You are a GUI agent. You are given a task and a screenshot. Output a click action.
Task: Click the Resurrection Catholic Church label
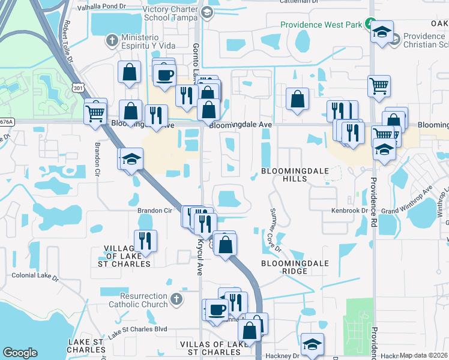(x=135, y=300)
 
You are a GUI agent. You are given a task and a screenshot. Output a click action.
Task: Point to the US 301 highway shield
(x=76, y=87)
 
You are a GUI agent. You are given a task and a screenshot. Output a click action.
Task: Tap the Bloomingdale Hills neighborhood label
(x=295, y=175)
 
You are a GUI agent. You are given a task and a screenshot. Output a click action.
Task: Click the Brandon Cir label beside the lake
(x=155, y=211)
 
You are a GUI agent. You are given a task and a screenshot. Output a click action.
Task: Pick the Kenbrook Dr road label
(x=349, y=211)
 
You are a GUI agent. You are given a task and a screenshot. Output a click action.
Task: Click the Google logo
(x=20, y=353)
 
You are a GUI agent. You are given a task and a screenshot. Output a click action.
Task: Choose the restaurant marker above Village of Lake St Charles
(x=145, y=241)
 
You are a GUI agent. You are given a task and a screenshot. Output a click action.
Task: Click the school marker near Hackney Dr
(x=312, y=344)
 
